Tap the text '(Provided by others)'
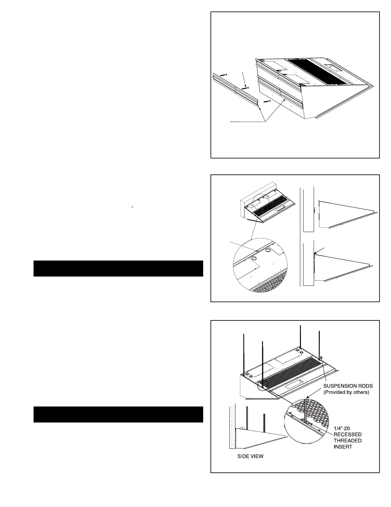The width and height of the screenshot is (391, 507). click(x=346, y=392)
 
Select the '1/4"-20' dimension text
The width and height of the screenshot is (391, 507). click(x=342, y=428)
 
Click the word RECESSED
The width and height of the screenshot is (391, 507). click(x=348, y=434)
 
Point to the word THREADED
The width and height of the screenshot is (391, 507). click(x=348, y=440)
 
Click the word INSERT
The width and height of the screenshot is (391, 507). click(x=343, y=447)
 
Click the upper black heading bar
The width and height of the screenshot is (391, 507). click(x=118, y=268)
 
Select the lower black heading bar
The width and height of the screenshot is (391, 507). click(x=118, y=414)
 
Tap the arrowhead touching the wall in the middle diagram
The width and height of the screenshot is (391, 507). click(x=315, y=254)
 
